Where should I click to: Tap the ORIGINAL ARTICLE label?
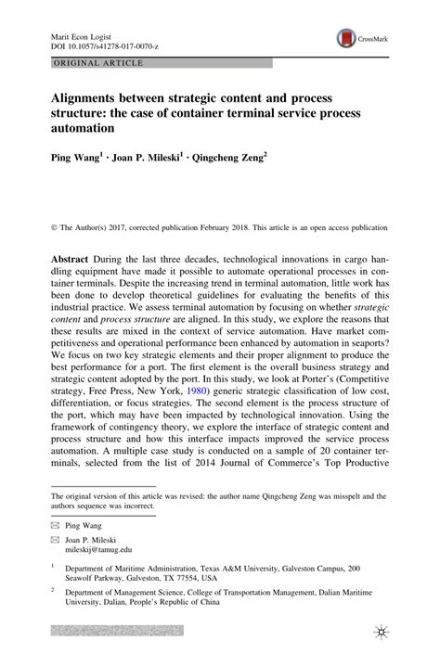point(92,63)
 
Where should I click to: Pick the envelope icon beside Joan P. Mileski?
point(57,539)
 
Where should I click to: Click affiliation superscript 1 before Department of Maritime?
point(54,565)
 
